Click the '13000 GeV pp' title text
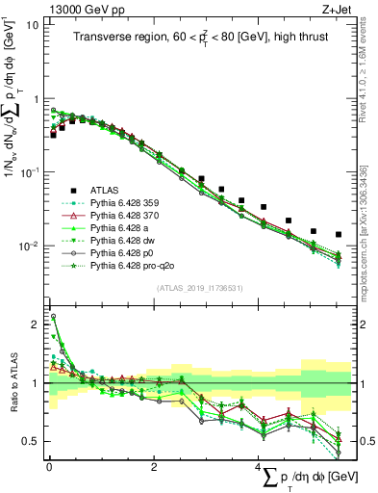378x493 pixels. click(x=80, y=9)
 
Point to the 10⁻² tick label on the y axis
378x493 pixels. click(x=28, y=246)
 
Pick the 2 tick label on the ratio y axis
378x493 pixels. click(x=35, y=324)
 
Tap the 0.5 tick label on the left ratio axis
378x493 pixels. click(x=31, y=442)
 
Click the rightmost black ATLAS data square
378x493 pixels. click(x=338, y=235)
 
